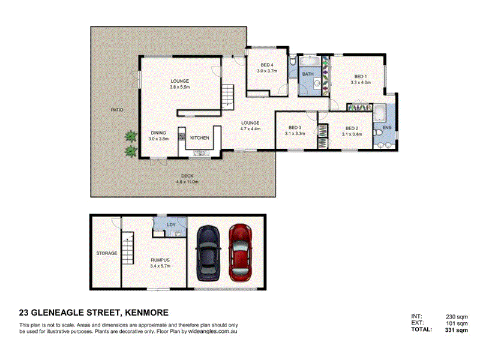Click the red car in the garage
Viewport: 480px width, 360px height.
(241, 253)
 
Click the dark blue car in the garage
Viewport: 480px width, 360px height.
(208, 253)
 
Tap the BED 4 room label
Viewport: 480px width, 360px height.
(267, 65)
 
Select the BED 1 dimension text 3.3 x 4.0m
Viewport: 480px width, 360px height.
(361, 82)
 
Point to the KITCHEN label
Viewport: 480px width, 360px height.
(200, 138)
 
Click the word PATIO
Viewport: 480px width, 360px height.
(117, 110)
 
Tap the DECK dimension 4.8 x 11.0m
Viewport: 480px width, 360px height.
(187, 182)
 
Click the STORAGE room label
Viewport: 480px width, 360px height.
(107, 253)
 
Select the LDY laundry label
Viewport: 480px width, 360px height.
(171, 224)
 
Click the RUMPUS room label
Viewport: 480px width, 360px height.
(160, 260)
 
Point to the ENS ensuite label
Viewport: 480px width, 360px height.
(387, 127)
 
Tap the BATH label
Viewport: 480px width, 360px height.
(308, 74)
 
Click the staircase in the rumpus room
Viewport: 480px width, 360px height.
(128, 248)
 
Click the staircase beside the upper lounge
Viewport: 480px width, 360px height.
(227, 97)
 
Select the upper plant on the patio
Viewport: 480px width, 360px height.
(131, 136)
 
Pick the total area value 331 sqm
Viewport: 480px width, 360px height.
(456, 330)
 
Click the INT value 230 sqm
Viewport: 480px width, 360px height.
(457, 317)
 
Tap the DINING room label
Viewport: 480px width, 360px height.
(158, 133)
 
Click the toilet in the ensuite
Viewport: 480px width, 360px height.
(378, 133)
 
